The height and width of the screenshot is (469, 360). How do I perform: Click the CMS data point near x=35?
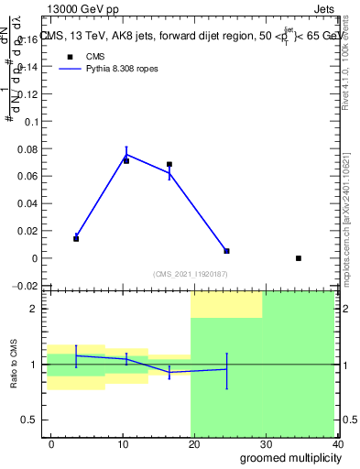pyautogui.click(x=299, y=258)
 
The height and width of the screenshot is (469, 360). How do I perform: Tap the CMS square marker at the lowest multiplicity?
pyautogui.click(x=76, y=239)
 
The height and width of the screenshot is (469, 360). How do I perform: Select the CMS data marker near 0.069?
pyautogui.click(x=169, y=165)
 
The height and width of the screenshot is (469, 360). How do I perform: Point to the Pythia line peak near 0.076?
pyautogui.click(x=126, y=154)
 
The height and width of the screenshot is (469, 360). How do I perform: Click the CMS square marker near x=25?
pyautogui.click(x=226, y=251)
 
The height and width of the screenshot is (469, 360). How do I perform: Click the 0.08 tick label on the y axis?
pyautogui.click(x=28, y=148)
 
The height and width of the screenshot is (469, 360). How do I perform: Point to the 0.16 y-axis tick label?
pyautogui.click(x=28, y=40)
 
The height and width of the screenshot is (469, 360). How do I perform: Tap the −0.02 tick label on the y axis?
pyautogui.click(x=26, y=286)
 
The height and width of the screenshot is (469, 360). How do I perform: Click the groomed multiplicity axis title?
pyautogui.click(x=288, y=458)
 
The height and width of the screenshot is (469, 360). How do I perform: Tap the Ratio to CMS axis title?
pyautogui.click(x=14, y=365)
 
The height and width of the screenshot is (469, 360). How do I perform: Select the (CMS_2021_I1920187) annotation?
pyautogui.click(x=191, y=274)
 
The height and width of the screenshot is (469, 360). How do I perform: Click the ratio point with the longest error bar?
pyautogui.click(x=226, y=369)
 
